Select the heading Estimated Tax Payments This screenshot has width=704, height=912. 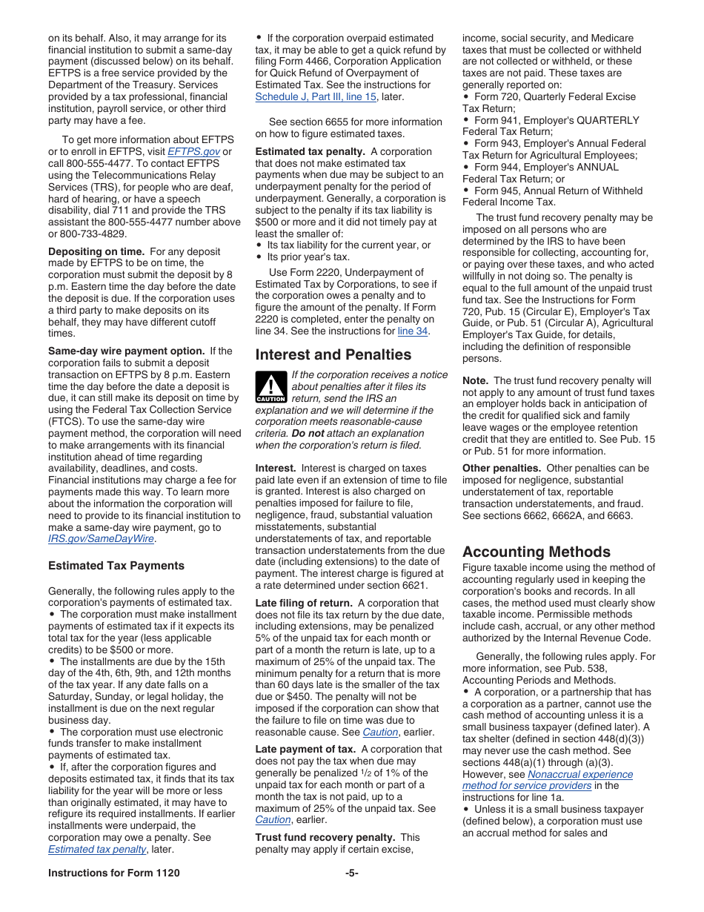(116, 566)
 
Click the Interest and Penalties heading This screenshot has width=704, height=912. (333, 354)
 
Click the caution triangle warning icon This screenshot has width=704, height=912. (270, 387)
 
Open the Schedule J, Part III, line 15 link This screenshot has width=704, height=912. (316, 97)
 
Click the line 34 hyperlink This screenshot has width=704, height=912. (412, 331)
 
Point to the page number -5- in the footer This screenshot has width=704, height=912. (351, 873)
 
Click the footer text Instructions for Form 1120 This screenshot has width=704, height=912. (114, 873)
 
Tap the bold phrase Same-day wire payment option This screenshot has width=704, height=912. (126, 351)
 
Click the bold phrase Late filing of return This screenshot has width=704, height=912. (305, 604)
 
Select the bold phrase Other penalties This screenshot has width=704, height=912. (502, 469)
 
